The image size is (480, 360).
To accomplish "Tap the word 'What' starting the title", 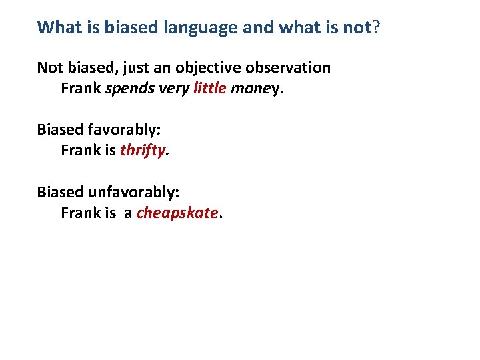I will [57, 27].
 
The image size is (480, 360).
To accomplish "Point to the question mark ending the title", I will [376, 27].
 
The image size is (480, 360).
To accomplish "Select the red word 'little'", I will [209, 88].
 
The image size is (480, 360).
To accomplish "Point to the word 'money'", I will [255, 88].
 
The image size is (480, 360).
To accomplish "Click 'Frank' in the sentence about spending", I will [81, 88].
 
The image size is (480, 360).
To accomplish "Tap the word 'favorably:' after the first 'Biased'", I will [124, 130].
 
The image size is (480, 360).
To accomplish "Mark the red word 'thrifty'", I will [143, 151].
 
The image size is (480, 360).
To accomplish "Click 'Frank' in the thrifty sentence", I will [81, 151].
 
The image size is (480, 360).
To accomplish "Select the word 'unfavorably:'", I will [133, 192].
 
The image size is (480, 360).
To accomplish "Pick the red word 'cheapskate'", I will [177, 213].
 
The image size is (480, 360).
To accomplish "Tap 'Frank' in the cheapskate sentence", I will [81, 213].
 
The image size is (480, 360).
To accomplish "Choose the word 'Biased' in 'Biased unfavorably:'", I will [60, 192].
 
